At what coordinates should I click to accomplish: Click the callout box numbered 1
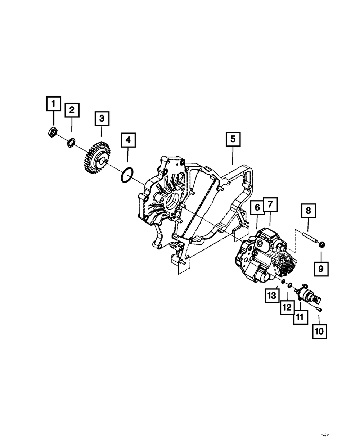coord(54,104)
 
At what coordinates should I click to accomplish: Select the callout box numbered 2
coord(72,110)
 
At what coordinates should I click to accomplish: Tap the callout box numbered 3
coord(102,119)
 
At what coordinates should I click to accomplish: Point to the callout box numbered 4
coord(128,140)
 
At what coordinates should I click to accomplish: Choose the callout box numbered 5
coord(233,139)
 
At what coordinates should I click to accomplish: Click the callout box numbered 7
coord(270,204)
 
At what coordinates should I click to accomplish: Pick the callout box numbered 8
coord(309,211)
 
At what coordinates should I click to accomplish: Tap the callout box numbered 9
coord(321,269)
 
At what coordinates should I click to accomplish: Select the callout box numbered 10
coord(319,332)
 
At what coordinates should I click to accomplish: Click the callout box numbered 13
coord(272,296)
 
